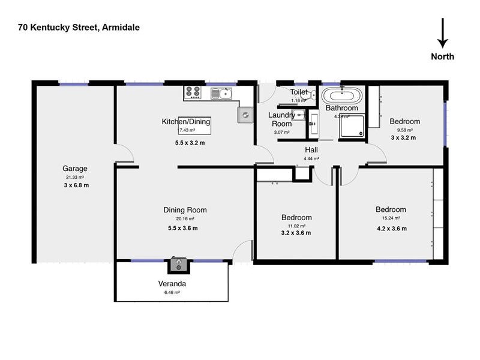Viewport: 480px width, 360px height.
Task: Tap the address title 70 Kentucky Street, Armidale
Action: (x=79, y=27)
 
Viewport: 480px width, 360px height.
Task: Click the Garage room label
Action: (x=75, y=169)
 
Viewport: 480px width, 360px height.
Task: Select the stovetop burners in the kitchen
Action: (x=193, y=92)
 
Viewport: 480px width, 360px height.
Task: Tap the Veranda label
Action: (x=172, y=284)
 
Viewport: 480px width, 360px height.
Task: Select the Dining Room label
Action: (x=185, y=210)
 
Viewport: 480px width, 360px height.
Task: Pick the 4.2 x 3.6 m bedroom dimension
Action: (x=391, y=228)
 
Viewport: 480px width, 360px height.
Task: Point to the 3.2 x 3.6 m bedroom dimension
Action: (x=296, y=233)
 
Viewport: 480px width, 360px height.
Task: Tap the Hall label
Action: (x=311, y=150)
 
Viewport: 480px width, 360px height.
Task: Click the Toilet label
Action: (x=299, y=92)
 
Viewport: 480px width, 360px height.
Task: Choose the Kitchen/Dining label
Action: (x=186, y=122)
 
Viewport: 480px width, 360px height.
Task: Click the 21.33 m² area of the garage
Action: (x=75, y=178)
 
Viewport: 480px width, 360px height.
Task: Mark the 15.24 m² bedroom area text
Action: (x=391, y=218)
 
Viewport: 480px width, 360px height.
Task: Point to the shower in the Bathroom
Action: (x=352, y=128)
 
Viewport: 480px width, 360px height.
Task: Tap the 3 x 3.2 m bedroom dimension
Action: (x=404, y=137)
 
